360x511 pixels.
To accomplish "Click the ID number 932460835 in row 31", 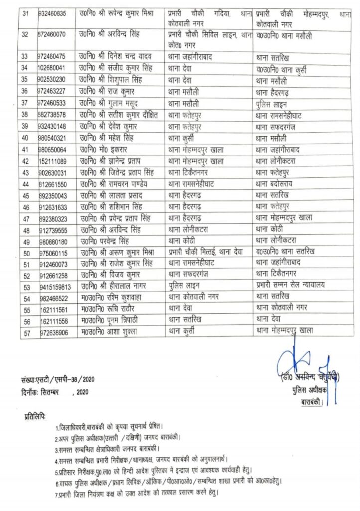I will tap(55, 15).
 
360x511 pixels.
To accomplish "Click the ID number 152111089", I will tap(55, 161).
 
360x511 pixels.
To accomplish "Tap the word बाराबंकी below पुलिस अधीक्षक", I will tap(312, 401).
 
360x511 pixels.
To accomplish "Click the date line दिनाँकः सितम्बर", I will tap(50, 392).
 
